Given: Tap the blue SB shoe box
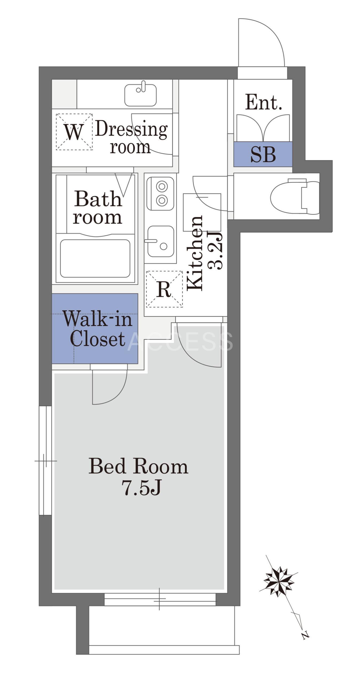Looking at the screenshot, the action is point(263,154).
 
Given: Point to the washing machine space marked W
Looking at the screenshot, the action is point(74,132).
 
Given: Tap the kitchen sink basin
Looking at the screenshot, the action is point(161,241).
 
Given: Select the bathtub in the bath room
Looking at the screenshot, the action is point(95,258).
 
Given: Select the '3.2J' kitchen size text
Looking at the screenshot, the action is point(215,251).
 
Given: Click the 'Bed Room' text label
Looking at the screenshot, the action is point(138,466).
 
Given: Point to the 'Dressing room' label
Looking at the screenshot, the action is point(131,137).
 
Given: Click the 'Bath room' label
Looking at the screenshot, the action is point(98,207).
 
